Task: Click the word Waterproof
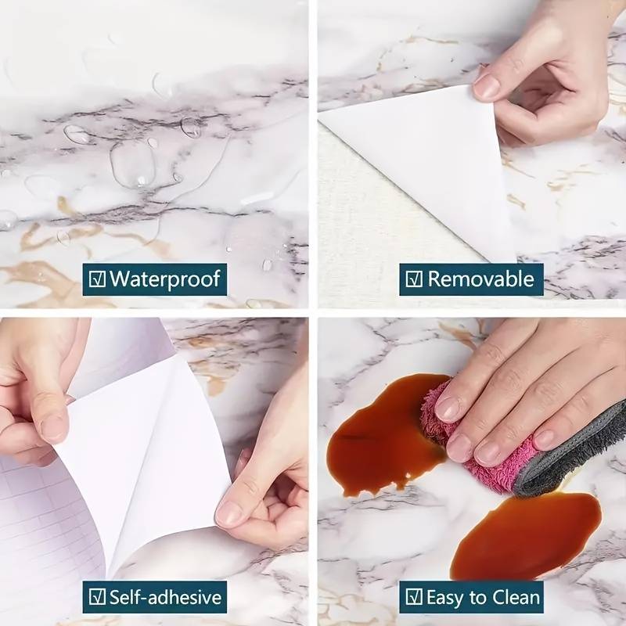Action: pyautogui.click(x=165, y=279)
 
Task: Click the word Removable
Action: pyautogui.click(x=480, y=279)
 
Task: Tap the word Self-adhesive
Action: pyautogui.click(x=165, y=597)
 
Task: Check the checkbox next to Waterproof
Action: pyautogui.click(x=97, y=279)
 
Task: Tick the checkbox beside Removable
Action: pyautogui.click(x=414, y=279)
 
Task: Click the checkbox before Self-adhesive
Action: pyautogui.click(x=97, y=597)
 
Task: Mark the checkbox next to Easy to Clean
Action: pyautogui.click(x=414, y=597)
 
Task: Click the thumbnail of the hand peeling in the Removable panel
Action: pyautogui.click(x=486, y=87)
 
